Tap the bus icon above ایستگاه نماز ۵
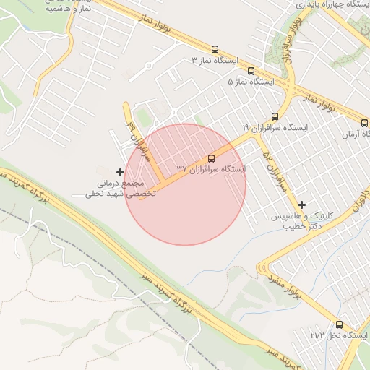(251, 71)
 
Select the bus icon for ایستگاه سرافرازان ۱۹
(274, 116)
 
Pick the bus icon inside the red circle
(211, 158)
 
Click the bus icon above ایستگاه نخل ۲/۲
(339, 324)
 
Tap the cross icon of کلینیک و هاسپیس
(301, 205)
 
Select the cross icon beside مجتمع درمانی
(119, 172)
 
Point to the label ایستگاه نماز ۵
(252, 82)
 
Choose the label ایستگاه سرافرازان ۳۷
(211, 169)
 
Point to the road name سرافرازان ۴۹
(140, 138)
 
